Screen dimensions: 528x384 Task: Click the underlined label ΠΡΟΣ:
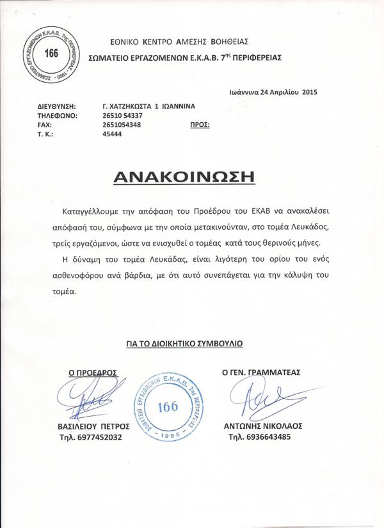point(200,125)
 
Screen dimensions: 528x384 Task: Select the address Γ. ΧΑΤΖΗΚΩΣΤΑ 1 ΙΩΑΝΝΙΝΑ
point(148,105)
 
